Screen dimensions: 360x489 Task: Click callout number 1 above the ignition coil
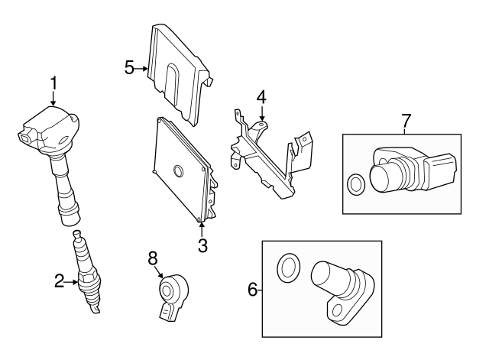pos(53,82)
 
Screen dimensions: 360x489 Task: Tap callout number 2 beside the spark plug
pos(60,282)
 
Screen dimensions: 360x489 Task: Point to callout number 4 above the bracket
pos(261,97)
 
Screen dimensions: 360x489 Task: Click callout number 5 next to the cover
pos(129,67)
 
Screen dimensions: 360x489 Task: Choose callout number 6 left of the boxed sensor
pos(253,290)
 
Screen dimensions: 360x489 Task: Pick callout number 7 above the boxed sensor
pos(406,119)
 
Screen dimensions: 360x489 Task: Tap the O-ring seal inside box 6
pos(287,267)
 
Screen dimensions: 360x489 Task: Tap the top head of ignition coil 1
pos(47,128)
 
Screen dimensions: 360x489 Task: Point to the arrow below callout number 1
pos(53,98)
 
